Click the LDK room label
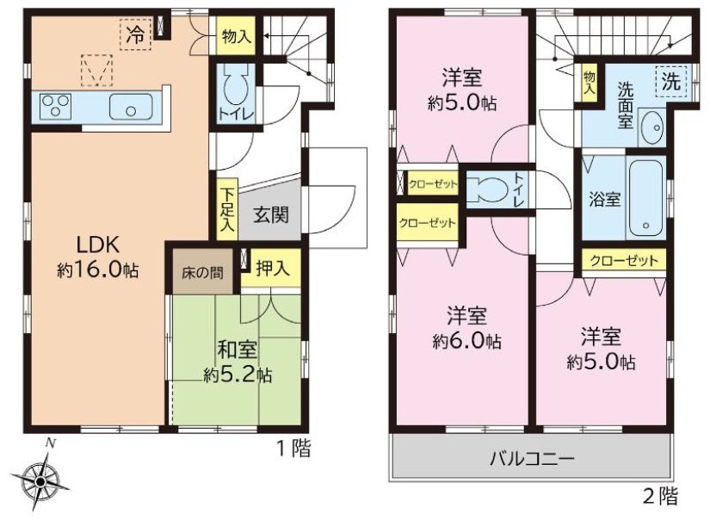pos(97,245)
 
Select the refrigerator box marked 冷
pos(135,34)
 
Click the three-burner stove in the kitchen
pos(55,107)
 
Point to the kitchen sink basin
pos(131,107)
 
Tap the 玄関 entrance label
pos(271,214)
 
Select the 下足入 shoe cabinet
pos(227,209)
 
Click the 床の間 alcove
pos(202,273)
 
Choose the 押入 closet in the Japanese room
pos(271,268)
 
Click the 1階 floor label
pos(293,449)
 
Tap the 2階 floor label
pos(661,496)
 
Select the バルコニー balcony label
pos(532,459)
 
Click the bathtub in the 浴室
pos(645,197)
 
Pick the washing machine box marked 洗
pos(671,82)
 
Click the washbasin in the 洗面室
pos(652,127)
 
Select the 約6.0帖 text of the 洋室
pos(466,341)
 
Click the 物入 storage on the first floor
pos(236,36)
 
